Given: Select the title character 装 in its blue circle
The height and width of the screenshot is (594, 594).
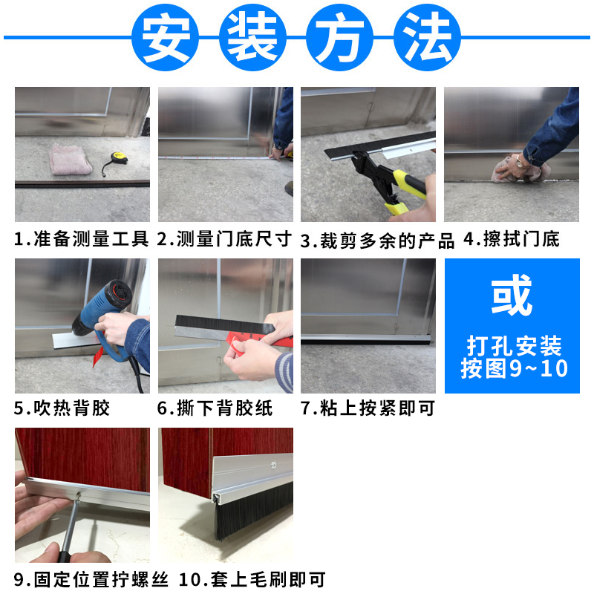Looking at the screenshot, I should (252, 38).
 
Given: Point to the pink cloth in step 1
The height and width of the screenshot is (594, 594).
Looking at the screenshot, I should (71, 159).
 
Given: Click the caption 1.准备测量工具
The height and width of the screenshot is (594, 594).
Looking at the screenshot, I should (82, 239).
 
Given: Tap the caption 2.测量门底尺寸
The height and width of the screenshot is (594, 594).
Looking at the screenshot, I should (225, 239).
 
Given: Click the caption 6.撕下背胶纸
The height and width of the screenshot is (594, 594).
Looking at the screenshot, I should (215, 408).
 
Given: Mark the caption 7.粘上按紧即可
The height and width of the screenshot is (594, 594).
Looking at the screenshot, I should (368, 408).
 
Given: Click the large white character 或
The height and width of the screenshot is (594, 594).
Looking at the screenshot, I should (512, 296).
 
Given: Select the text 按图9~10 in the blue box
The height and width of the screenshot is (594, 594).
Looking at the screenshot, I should (513, 368).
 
